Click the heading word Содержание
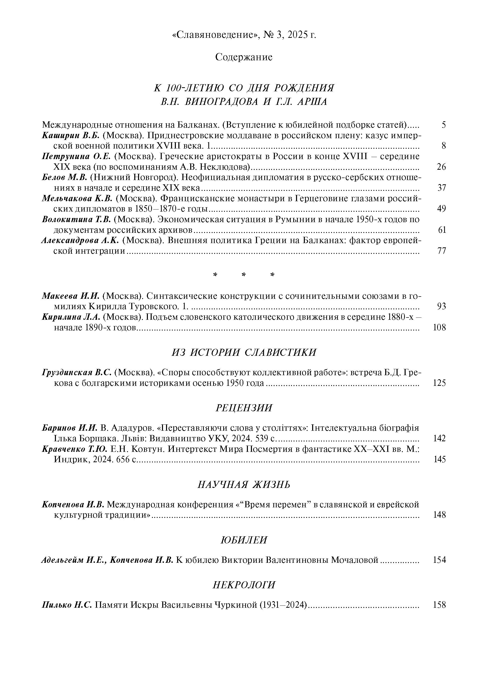click(x=244, y=57)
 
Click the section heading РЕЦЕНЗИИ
click(x=244, y=408)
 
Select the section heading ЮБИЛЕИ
click(x=244, y=540)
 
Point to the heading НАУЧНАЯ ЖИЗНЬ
click(x=244, y=484)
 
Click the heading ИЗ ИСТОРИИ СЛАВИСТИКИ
click(x=244, y=353)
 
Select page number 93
click(x=441, y=306)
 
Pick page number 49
click(x=441, y=209)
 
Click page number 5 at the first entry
click(x=443, y=125)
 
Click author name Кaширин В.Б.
click(x=71, y=135)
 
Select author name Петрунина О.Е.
click(x=76, y=156)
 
